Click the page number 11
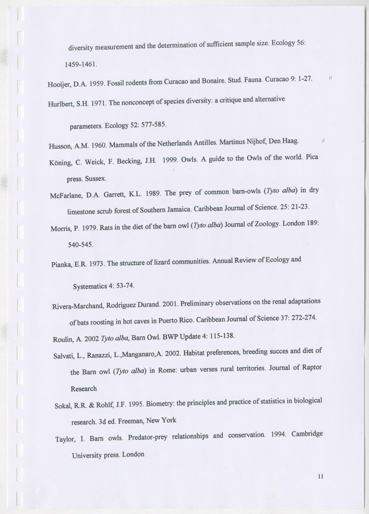[x=321, y=476]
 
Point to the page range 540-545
[x=80, y=244]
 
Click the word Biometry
[x=158, y=404]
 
